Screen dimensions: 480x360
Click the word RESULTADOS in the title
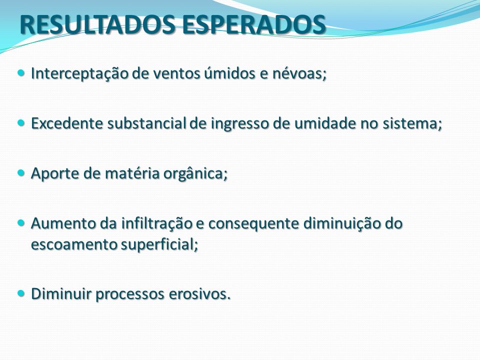97,24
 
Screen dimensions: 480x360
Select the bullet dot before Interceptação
21,73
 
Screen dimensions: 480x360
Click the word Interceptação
79,73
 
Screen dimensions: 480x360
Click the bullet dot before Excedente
21,123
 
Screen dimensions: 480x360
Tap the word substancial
147,123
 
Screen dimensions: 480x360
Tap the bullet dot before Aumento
21,222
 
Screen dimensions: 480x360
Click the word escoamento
74,244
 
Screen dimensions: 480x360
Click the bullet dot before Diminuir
21,293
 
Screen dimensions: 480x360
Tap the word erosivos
199,293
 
